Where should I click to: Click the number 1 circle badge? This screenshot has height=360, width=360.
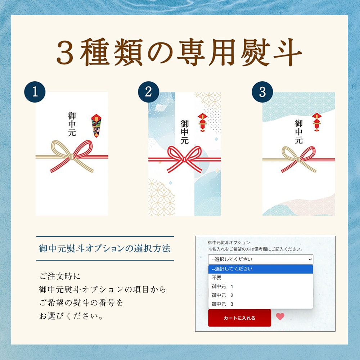coord(35,92)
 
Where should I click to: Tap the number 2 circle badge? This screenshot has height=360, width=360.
coord(149,92)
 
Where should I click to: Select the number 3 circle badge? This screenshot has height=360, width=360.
coord(262,92)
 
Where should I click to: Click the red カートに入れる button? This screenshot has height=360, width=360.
coord(239,318)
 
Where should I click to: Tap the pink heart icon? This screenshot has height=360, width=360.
coord(280,316)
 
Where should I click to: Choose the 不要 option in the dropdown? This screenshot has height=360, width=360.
coord(216,278)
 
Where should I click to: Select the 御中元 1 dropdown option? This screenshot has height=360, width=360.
coord(222,287)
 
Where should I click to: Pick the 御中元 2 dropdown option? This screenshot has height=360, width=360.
coord(222,295)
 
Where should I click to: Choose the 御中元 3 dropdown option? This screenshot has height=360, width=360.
coord(222,304)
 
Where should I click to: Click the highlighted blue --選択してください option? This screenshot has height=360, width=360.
coord(261,269)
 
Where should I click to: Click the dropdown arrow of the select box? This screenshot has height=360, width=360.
coord(310,260)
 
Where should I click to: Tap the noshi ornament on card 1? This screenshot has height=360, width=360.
coord(96,126)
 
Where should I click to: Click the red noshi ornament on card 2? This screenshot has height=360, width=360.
coord(202,122)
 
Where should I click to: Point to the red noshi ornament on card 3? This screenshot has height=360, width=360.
coord(316,122)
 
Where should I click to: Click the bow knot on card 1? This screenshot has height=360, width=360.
coord(72,157)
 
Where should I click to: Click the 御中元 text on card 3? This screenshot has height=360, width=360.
coord(298,131)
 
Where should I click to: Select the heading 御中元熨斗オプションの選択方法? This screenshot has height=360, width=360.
coord(105,248)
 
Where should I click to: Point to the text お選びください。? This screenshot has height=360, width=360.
coord(71,316)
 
